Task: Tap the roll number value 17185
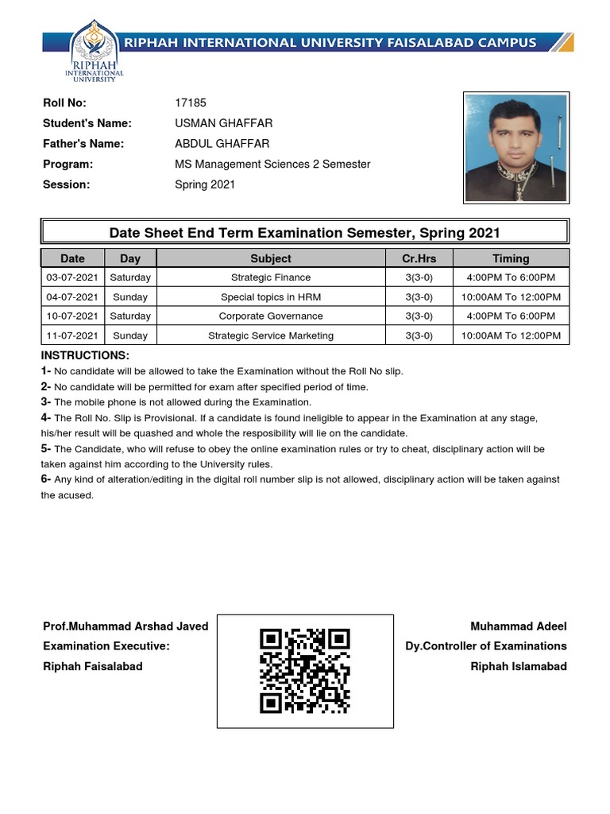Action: [190, 103]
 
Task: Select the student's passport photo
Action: [516, 148]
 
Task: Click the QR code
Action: [305, 670]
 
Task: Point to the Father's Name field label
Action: [83, 144]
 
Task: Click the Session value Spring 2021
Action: [205, 184]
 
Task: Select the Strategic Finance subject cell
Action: [271, 277]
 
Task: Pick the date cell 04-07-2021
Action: [72, 297]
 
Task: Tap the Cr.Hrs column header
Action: [419, 258]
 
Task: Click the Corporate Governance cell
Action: [271, 316]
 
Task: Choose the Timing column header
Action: [511, 258]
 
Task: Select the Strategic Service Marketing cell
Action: [271, 335]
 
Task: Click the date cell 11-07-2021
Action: [72, 335]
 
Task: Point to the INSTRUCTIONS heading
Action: [85, 355]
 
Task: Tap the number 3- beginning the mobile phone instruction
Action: [46, 402]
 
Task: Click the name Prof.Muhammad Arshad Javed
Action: [125, 626]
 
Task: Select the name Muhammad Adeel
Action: [518, 626]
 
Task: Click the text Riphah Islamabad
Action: [518, 666]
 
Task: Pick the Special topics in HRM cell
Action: [271, 297]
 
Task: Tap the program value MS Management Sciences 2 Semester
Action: [272, 164]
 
